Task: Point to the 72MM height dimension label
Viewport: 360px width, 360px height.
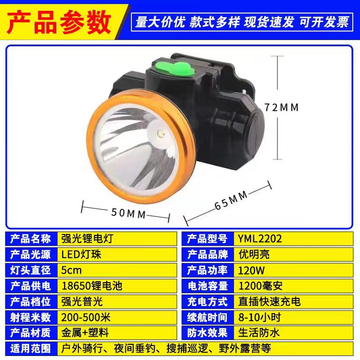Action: [281, 108]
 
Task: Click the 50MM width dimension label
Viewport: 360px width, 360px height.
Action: [129, 213]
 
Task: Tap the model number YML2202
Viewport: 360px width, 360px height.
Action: [260, 238]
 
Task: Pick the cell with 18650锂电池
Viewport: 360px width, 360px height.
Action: [92, 286]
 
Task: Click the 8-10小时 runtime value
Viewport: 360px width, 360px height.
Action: [260, 317]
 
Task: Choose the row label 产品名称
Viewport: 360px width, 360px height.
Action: [31, 238]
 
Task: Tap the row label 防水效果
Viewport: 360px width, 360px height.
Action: [207, 333]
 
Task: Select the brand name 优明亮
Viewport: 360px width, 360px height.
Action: [254, 254]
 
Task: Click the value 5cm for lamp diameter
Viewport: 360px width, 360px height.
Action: [72, 270]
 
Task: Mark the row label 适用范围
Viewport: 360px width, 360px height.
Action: [31, 348]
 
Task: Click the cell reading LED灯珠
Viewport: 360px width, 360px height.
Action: [81, 254]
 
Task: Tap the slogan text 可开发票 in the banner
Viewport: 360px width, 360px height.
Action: [324, 22]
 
